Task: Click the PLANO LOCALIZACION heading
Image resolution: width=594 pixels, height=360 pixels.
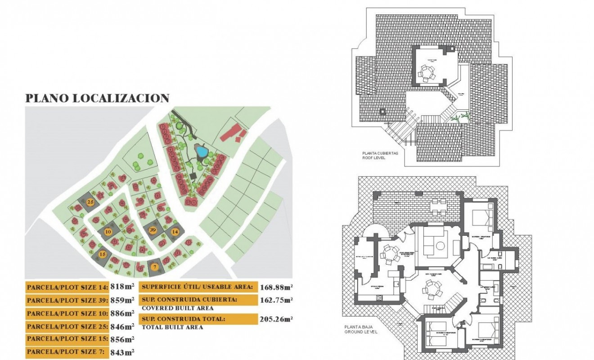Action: [x=97, y=99]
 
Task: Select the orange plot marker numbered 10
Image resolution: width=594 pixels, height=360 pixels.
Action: [x=108, y=232]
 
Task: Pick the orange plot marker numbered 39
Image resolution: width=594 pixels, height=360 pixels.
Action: [x=153, y=230]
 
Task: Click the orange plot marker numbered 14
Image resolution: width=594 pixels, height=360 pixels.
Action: [x=175, y=232]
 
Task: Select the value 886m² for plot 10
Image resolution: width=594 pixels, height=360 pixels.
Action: [x=123, y=313]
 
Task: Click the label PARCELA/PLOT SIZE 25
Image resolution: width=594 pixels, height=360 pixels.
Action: [x=67, y=326]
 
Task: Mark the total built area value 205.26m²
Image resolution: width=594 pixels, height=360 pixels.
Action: [x=276, y=319]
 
